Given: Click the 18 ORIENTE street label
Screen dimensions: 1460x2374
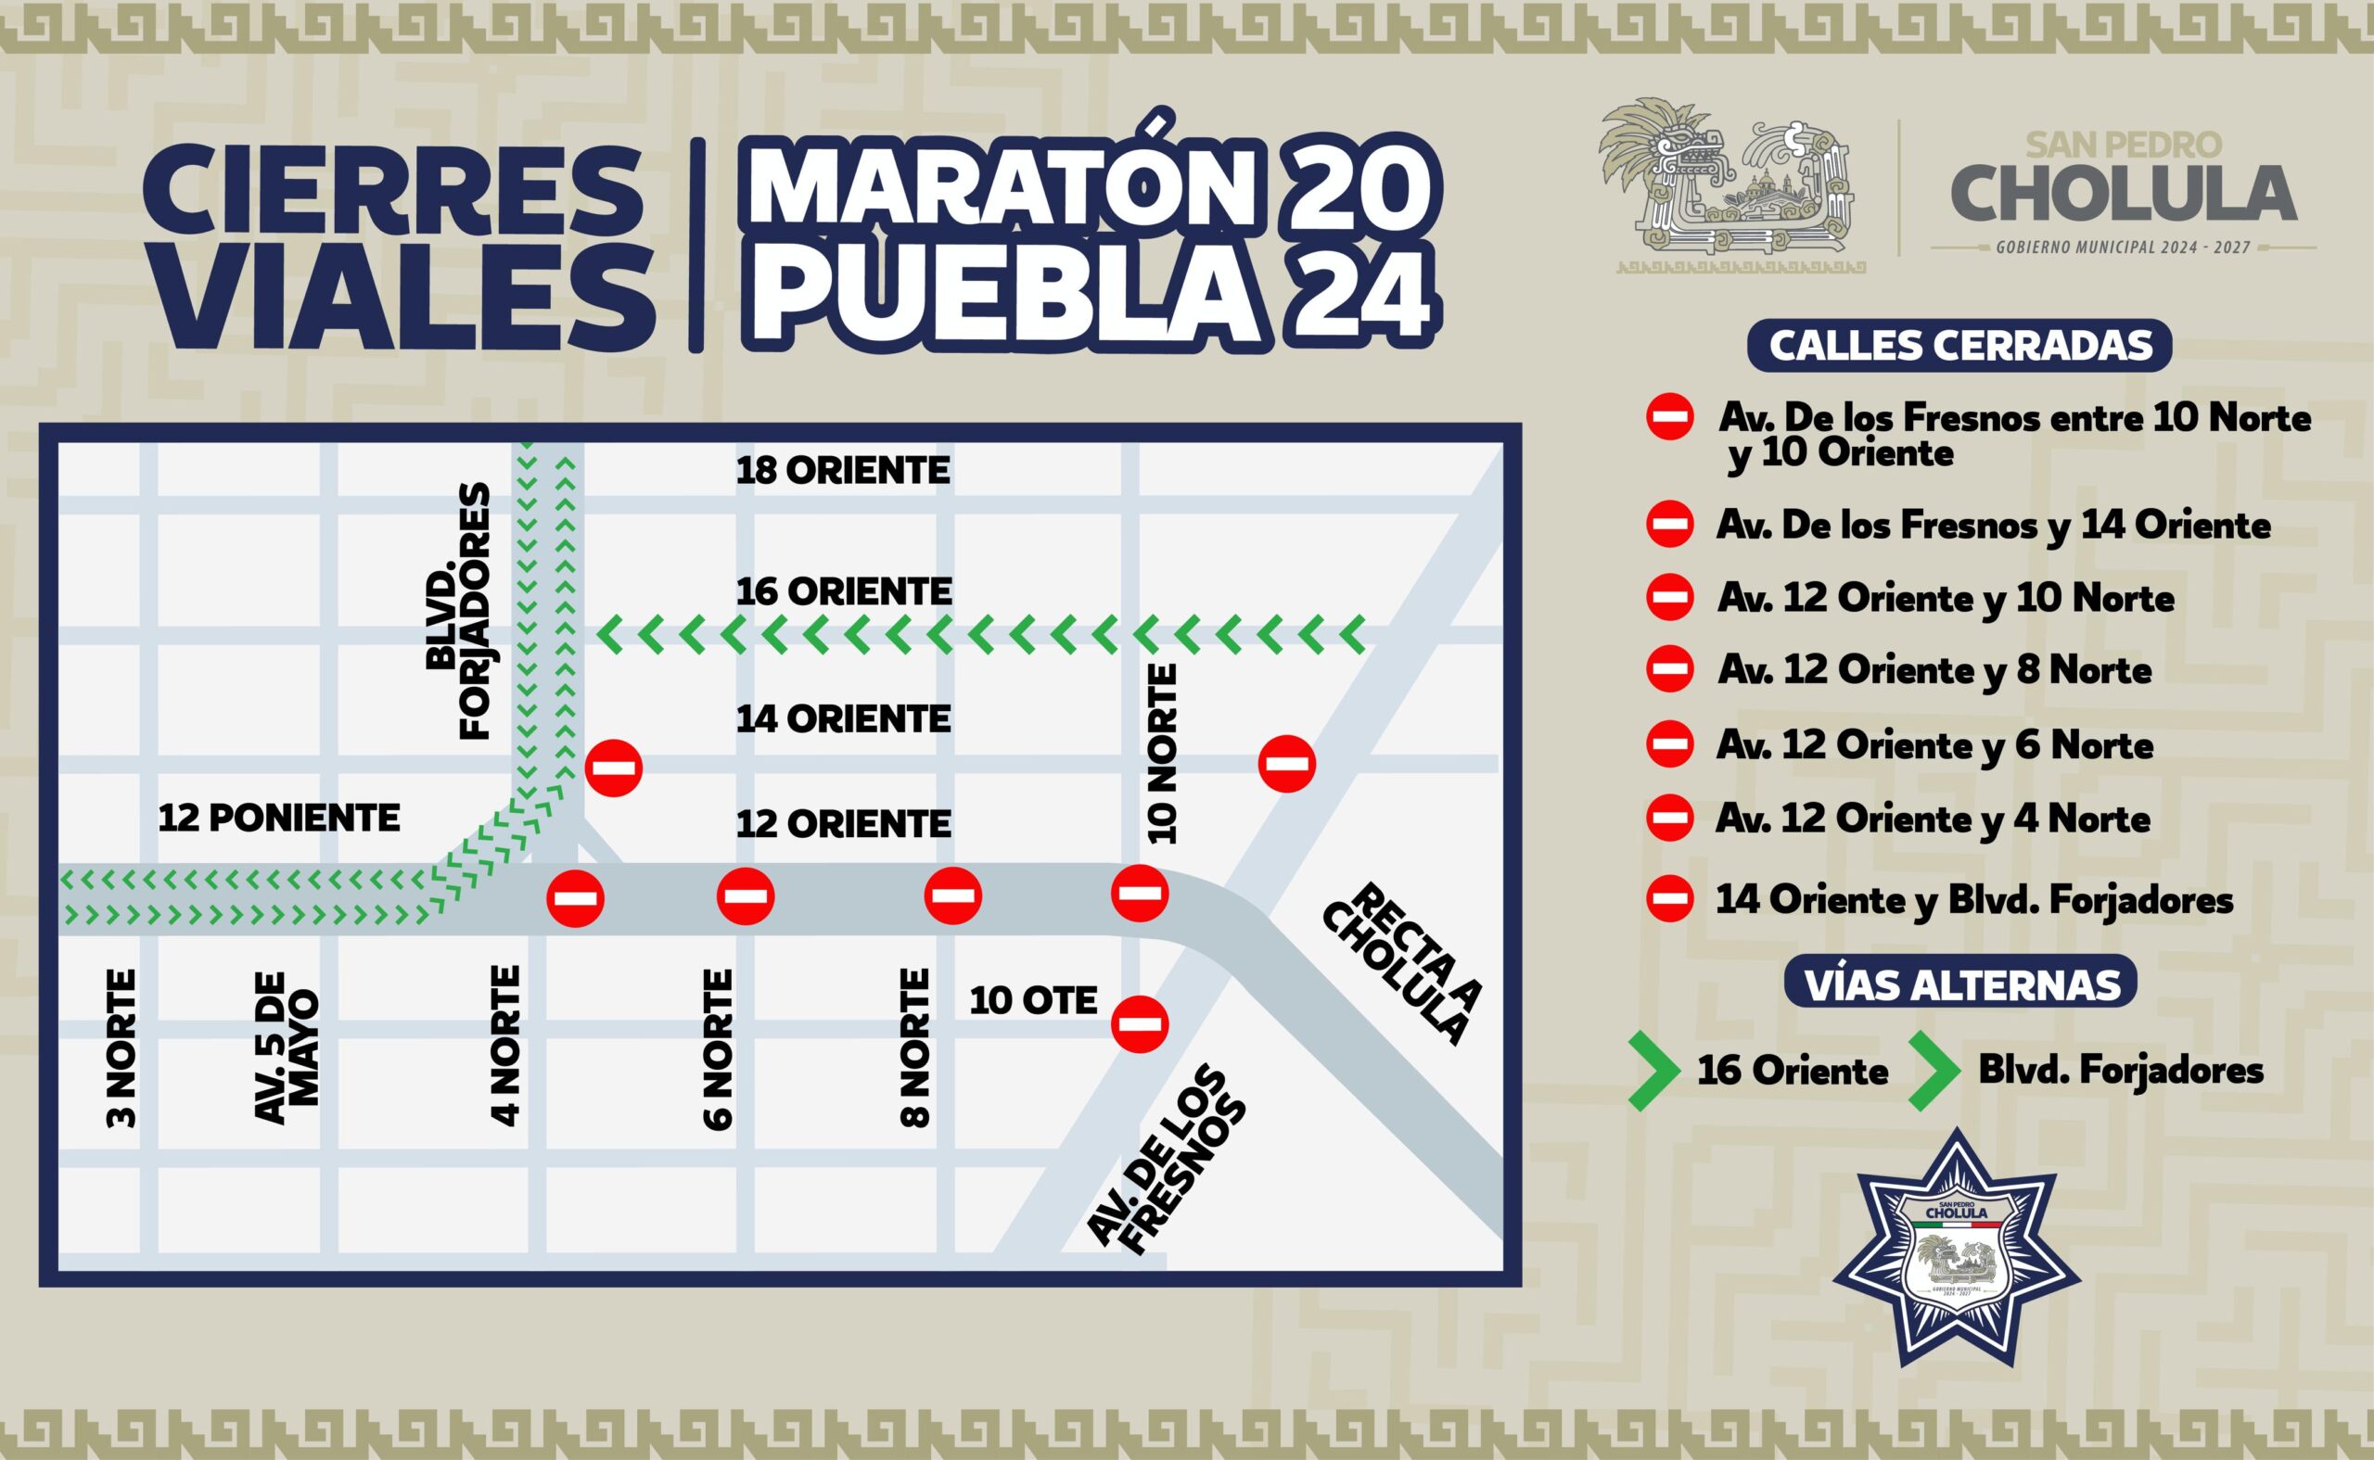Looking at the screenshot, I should [843, 470].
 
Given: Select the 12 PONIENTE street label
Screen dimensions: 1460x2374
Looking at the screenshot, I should [279, 818].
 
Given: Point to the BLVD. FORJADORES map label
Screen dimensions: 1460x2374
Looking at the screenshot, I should [458, 612].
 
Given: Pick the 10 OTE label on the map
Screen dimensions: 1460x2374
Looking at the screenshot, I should [1033, 1000].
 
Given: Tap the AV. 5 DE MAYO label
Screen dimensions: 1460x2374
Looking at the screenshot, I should [287, 1047].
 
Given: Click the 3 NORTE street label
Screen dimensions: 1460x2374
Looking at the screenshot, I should [122, 1048].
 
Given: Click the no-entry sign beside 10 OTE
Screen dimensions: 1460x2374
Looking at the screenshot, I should [1140, 1023].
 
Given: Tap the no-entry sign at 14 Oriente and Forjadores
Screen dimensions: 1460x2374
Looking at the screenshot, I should [614, 768].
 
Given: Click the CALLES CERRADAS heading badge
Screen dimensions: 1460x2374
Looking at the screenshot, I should [1959, 346].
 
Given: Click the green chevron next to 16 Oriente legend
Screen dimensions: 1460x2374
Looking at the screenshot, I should [1653, 1071].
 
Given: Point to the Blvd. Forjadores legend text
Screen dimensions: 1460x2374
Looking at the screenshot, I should [2121, 1069].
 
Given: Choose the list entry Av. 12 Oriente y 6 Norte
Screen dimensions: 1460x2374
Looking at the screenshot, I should [1934, 744].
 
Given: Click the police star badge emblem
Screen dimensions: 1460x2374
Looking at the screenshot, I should [1956, 1247].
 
